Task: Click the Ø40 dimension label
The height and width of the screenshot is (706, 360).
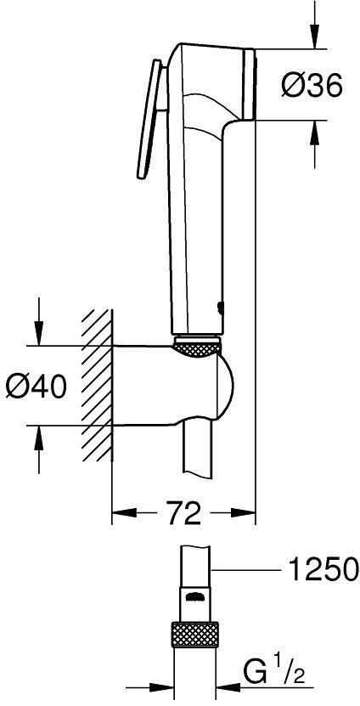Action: coord(36,386)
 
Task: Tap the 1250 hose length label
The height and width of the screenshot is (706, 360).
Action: coord(323,568)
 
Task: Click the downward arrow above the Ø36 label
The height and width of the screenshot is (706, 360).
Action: coord(314,34)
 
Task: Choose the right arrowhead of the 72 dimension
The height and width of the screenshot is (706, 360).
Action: coord(246,512)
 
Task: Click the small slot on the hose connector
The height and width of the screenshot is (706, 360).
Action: coord(194,596)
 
